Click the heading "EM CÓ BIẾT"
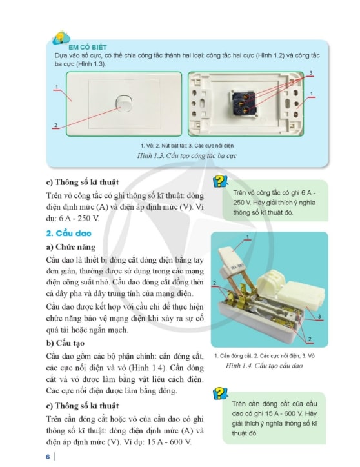87,47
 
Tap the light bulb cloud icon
61,39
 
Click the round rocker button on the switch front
123,103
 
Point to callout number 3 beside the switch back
311,73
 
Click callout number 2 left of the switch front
55,125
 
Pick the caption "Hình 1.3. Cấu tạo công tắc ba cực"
187,155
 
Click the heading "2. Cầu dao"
69,233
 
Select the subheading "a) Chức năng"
71,247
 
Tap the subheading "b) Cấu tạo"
65,343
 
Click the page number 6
48,457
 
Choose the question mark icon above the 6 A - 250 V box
220,181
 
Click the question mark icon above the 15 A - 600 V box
220,393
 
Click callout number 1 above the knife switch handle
248,237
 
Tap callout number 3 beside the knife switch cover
319,316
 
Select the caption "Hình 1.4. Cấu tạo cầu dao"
264,366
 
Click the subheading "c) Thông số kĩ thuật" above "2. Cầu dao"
83,183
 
